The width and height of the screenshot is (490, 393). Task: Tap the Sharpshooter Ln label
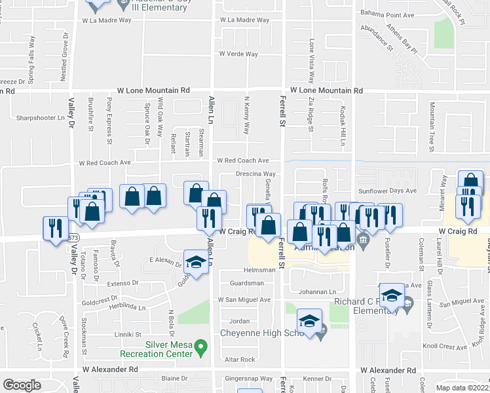[44, 119]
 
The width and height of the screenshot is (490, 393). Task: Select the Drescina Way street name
[255, 174]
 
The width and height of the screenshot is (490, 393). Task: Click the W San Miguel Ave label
[244, 300]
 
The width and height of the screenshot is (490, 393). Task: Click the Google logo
[22, 385]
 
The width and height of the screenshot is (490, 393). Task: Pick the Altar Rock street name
[240, 360]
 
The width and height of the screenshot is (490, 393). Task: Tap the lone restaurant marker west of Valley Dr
[53, 228]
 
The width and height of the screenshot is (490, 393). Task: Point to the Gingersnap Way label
[248, 379]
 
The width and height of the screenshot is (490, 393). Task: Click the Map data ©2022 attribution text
[462, 387]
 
